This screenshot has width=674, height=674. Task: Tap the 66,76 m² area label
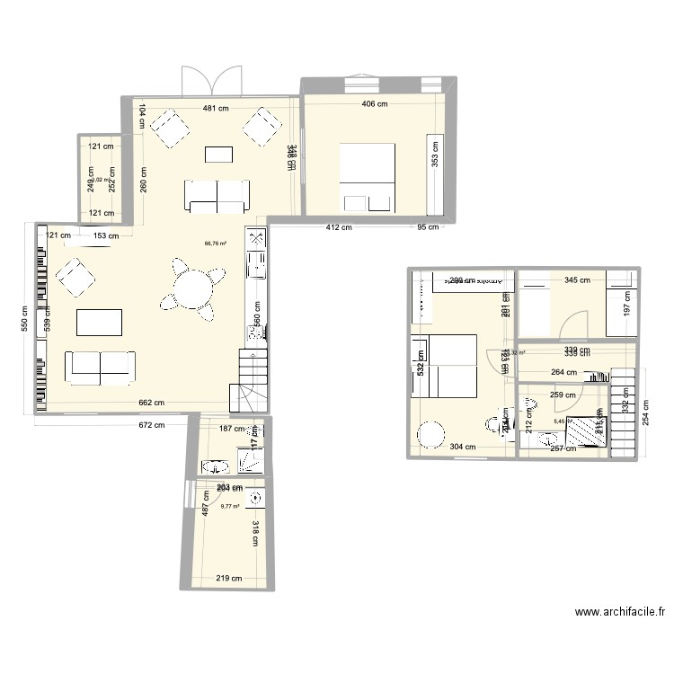click(216, 243)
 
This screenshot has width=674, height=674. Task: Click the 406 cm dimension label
click(374, 103)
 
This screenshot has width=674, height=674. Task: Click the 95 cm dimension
click(427, 226)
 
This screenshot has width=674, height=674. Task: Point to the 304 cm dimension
click(463, 447)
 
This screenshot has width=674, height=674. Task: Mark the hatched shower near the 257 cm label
click(590, 429)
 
